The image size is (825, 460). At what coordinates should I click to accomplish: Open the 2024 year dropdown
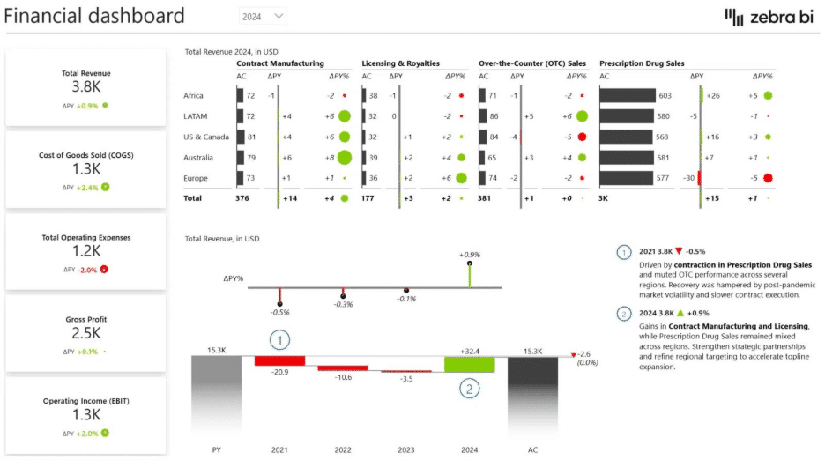pyautogui.click(x=264, y=16)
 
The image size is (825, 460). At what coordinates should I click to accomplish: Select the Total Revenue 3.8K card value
pyautogui.click(x=86, y=88)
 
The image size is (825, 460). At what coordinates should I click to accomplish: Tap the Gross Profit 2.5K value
pyautogui.click(x=86, y=333)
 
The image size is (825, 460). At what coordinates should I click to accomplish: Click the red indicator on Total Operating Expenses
pyautogui.click(x=103, y=269)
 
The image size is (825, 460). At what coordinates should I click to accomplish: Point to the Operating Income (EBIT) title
pyautogui.click(x=86, y=401)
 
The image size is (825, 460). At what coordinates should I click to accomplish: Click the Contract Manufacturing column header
pyautogui.click(x=280, y=63)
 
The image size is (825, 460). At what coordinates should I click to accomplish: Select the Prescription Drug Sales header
pyautogui.click(x=642, y=63)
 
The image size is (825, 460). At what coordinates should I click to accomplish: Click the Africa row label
pyautogui.click(x=193, y=96)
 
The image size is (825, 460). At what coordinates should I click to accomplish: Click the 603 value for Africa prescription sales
pyautogui.click(x=665, y=96)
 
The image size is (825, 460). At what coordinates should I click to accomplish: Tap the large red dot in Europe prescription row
pyautogui.click(x=768, y=178)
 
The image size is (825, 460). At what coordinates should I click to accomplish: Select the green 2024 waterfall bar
pyautogui.click(x=470, y=364)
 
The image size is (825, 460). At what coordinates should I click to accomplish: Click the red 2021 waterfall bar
pyautogui.click(x=279, y=360)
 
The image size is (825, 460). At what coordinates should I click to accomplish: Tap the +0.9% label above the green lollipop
pyautogui.click(x=469, y=255)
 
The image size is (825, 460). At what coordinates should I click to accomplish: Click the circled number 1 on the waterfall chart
pyautogui.click(x=279, y=339)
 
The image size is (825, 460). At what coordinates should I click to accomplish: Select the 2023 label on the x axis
pyautogui.click(x=406, y=449)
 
